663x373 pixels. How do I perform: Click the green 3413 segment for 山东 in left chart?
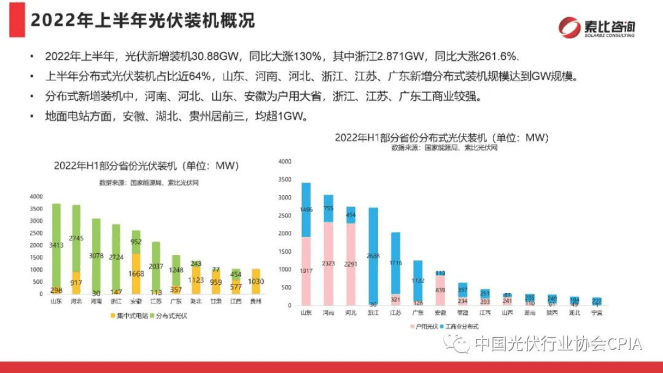point(56,245)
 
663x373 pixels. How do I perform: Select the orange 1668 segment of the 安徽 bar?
point(136,273)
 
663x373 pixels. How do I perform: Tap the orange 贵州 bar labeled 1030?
point(255,282)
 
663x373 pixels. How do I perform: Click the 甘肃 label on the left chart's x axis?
point(216,302)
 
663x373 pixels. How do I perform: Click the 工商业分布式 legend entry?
point(462,326)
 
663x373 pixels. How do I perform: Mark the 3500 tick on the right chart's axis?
point(284,180)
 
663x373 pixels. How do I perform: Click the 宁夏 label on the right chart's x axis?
point(596,313)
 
